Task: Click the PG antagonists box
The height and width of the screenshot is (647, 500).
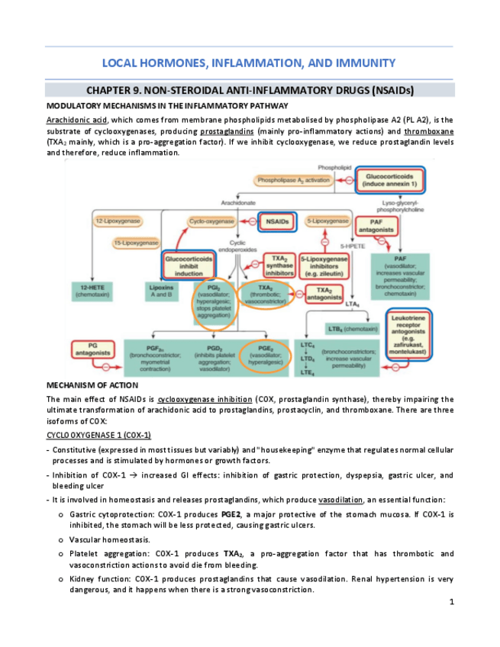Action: tap(92, 352)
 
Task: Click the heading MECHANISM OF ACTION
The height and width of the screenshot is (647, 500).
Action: tap(92, 385)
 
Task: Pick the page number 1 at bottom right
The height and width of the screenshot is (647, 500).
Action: tap(451, 603)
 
